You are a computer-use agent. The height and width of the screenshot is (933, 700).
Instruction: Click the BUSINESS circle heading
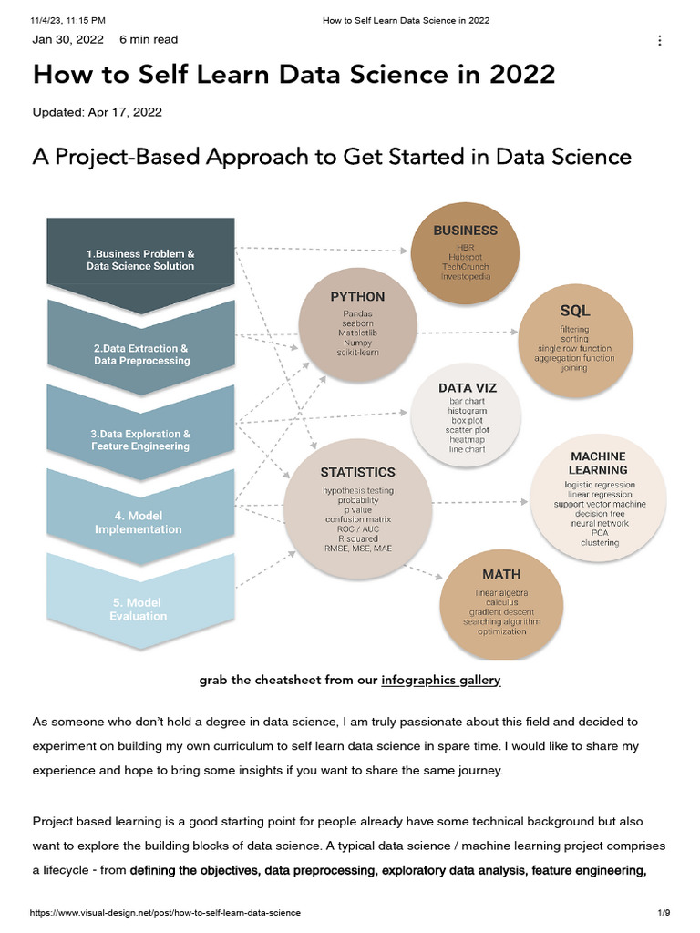tap(465, 231)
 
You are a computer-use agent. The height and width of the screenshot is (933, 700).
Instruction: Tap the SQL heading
tap(574, 311)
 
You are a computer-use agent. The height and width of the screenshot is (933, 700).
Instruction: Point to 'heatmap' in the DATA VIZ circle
tap(467, 438)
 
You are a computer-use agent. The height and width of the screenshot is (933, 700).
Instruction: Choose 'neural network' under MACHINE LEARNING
tap(599, 523)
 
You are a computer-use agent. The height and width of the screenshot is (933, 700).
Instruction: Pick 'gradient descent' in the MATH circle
tap(501, 611)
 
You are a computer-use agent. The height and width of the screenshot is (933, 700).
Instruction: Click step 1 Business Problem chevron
tap(140, 260)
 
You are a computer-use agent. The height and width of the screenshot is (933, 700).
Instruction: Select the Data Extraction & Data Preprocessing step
tap(140, 354)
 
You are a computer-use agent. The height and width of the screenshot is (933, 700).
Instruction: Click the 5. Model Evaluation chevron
tap(139, 609)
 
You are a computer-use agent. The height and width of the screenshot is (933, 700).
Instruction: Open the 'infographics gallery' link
tap(440, 680)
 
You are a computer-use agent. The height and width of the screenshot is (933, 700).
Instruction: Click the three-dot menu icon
tap(659, 41)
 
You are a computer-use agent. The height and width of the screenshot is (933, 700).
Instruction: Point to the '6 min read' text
tap(149, 40)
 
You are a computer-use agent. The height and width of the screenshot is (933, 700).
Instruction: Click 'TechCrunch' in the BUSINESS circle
tap(465, 265)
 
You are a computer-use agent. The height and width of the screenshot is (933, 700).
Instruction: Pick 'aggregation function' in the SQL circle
tap(574, 358)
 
